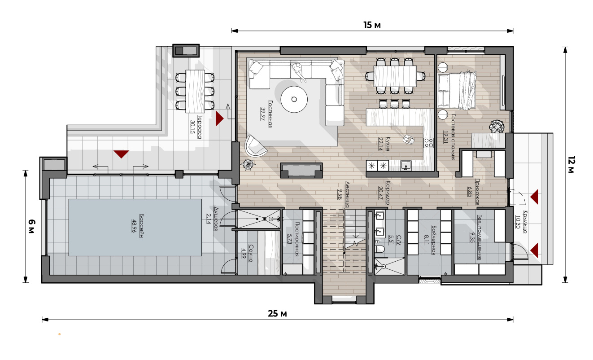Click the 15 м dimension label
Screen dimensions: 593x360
(x=372, y=25)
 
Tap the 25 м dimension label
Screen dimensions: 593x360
(x=277, y=314)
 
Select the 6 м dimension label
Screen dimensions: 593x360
(x=31, y=227)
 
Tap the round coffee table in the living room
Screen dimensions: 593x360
(x=294, y=99)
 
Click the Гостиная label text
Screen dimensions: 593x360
(x=270, y=114)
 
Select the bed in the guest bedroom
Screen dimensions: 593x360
(x=457, y=90)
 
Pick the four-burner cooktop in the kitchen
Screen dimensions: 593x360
(x=428, y=143)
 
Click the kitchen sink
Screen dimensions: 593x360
(x=405, y=166)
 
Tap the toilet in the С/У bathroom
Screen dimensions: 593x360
(x=380, y=249)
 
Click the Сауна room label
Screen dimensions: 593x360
(x=251, y=254)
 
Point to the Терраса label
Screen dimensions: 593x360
(x=200, y=127)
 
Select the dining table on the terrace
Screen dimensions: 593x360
(x=195, y=91)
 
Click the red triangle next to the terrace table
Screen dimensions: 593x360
(x=219, y=119)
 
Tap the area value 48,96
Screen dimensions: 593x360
(x=134, y=226)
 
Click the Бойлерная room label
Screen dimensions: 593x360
(x=434, y=240)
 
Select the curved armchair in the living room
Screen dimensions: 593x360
(x=255, y=146)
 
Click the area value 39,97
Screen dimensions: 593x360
(x=263, y=114)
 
